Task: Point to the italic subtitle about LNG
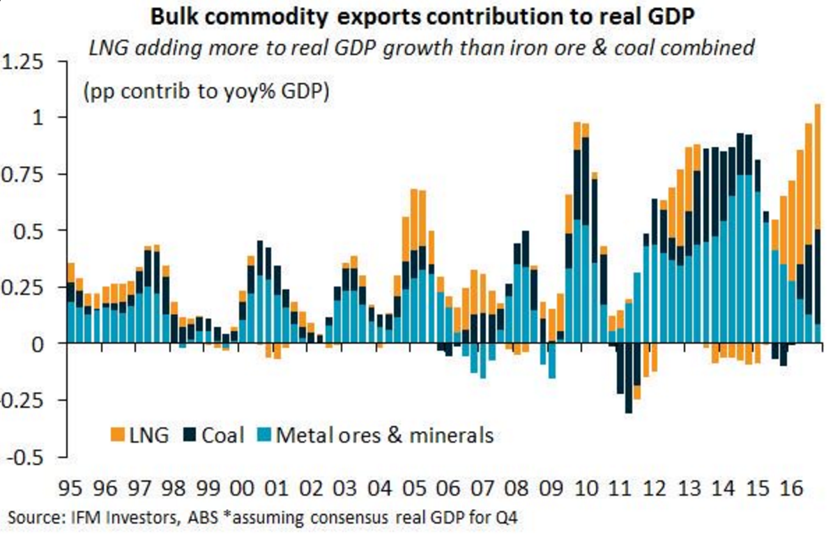point(421,48)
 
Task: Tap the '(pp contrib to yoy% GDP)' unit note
point(206,93)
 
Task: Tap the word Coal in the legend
point(222,436)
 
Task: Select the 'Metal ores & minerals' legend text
point(385,436)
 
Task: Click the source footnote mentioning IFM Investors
point(263,518)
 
